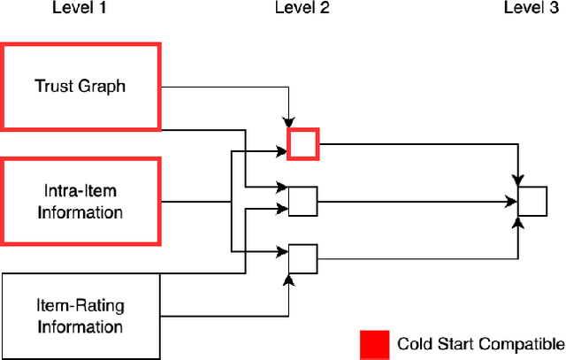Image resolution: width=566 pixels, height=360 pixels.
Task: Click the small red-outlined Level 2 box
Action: [303, 144]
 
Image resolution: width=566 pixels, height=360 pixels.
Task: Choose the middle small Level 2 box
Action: [303, 203]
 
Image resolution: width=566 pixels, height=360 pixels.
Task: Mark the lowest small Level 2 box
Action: [303, 258]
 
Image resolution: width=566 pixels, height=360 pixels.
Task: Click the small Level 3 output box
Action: [532, 202]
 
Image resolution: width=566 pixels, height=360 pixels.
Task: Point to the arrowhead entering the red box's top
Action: [290, 125]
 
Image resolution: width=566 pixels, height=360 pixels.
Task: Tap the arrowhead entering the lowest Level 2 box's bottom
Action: [290, 278]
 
